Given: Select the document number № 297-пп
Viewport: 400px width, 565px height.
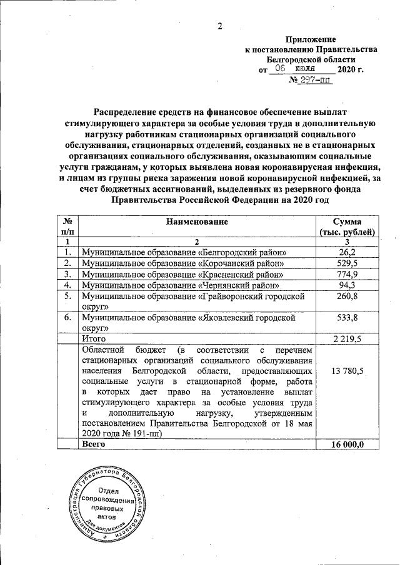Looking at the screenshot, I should pos(310,81).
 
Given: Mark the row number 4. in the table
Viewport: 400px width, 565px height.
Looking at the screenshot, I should pos(66,285).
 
